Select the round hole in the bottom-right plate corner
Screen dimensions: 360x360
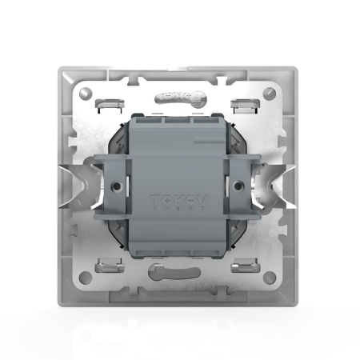point(270,277)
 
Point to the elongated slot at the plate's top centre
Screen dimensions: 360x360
point(177,96)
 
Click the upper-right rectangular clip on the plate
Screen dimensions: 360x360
point(246,103)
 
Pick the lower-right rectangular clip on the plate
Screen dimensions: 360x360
point(246,267)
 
